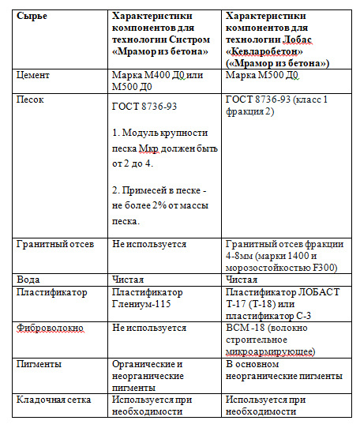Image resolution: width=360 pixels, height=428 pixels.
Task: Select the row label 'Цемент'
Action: click(x=34, y=76)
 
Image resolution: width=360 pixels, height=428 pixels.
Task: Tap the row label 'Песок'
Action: click(x=31, y=100)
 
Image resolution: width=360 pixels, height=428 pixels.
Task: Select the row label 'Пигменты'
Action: click(x=40, y=364)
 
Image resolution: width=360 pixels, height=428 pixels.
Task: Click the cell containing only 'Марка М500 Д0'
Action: click(x=261, y=76)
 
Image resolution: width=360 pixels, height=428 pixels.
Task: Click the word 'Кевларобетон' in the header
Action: click(x=266, y=51)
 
